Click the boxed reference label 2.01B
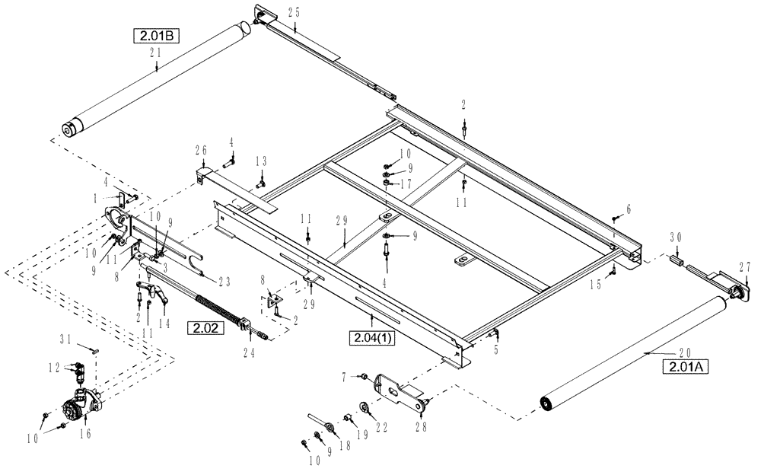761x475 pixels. click(155, 35)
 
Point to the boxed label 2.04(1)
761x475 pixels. click(372, 337)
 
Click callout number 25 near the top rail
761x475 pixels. click(295, 12)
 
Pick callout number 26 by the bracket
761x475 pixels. click(201, 148)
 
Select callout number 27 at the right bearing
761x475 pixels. click(744, 266)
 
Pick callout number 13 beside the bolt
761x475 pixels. click(261, 161)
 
